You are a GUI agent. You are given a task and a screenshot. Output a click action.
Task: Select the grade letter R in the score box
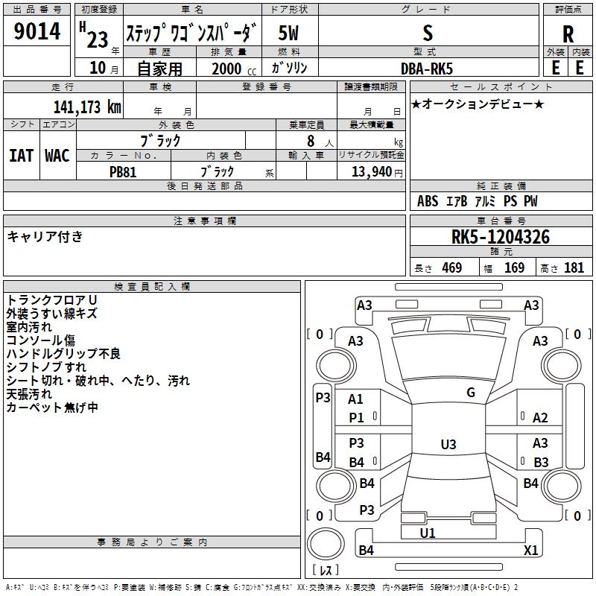[568, 34]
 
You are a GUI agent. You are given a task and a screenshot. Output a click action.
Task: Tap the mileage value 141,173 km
[87, 107]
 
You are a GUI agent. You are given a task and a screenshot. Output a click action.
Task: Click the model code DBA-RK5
[427, 68]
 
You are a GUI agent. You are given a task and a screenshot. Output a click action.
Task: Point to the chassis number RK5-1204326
[501, 238]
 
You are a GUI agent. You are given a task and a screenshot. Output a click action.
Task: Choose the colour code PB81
[123, 171]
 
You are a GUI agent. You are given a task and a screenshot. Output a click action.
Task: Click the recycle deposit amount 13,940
[370, 171]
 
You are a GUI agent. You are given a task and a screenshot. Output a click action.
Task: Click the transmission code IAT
[21, 155]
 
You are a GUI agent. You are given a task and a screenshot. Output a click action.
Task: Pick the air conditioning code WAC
[57, 155]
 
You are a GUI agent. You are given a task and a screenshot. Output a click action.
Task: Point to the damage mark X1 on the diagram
[530, 551]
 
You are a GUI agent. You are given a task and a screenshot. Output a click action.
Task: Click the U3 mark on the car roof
[448, 445]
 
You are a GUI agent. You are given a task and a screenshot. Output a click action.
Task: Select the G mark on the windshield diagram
[470, 393]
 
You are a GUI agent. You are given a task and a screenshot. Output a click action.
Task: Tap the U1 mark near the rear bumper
[428, 533]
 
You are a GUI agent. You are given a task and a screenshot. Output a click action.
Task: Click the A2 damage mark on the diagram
[540, 419]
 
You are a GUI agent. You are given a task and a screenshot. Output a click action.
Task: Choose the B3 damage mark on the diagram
[541, 463]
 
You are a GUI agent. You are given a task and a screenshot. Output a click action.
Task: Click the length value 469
[451, 268]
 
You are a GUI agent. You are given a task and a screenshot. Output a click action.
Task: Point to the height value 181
[574, 268]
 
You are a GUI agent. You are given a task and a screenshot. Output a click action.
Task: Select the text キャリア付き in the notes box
[45, 237]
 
